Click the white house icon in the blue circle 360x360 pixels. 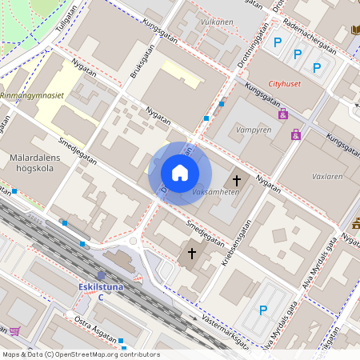click(180, 173)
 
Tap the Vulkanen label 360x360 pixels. click(217, 22)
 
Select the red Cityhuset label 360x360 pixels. click(286, 83)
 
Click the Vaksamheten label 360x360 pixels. click(215, 194)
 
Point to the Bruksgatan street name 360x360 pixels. click(139, 64)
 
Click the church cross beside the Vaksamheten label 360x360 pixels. click(236, 180)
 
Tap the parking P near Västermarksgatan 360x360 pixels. click(262, 310)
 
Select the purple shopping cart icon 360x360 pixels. click(14, 331)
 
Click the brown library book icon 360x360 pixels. click(355, 30)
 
